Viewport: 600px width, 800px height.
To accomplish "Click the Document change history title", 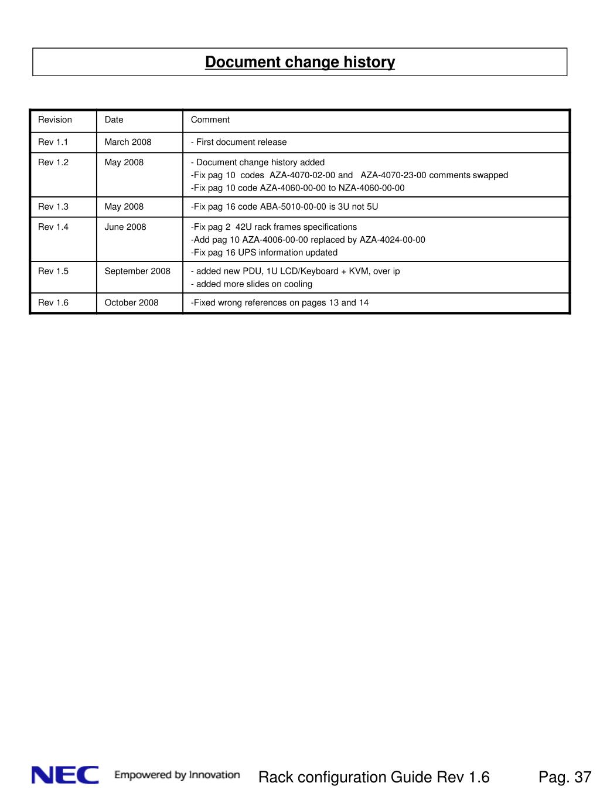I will pos(299,62).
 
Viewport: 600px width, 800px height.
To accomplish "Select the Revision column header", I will pos(55,120).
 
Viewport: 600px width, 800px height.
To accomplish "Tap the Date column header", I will pos(114,120).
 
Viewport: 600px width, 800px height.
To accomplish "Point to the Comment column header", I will pos(210,120).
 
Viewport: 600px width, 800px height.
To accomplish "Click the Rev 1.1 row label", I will pos(53,142).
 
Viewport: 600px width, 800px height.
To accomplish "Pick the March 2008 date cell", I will pos(128,142).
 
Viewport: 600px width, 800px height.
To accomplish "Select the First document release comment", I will pos(241,142).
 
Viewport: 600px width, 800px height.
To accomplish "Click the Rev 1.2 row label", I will pos(53,162).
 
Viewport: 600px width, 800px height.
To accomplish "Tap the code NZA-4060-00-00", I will pos(371,188).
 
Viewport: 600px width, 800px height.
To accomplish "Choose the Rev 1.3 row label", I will pos(53,206).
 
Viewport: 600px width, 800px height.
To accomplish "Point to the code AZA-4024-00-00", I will pos(392,240).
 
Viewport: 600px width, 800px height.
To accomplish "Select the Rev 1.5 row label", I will pos(53,271).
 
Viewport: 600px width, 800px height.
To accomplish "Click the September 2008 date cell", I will pos(137,271).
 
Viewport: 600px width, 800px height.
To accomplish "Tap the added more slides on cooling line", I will pos(254,284).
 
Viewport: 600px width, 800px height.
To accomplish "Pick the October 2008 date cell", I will pos(131,302).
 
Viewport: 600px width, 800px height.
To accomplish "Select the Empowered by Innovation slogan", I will pos(177,775).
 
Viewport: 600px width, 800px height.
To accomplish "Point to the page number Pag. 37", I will pos(565,777).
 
